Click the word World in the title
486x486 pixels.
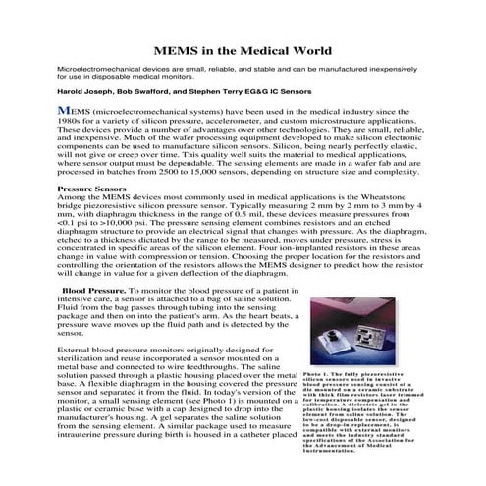tap(304, 50)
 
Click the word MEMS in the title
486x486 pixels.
tap(182, 50)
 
